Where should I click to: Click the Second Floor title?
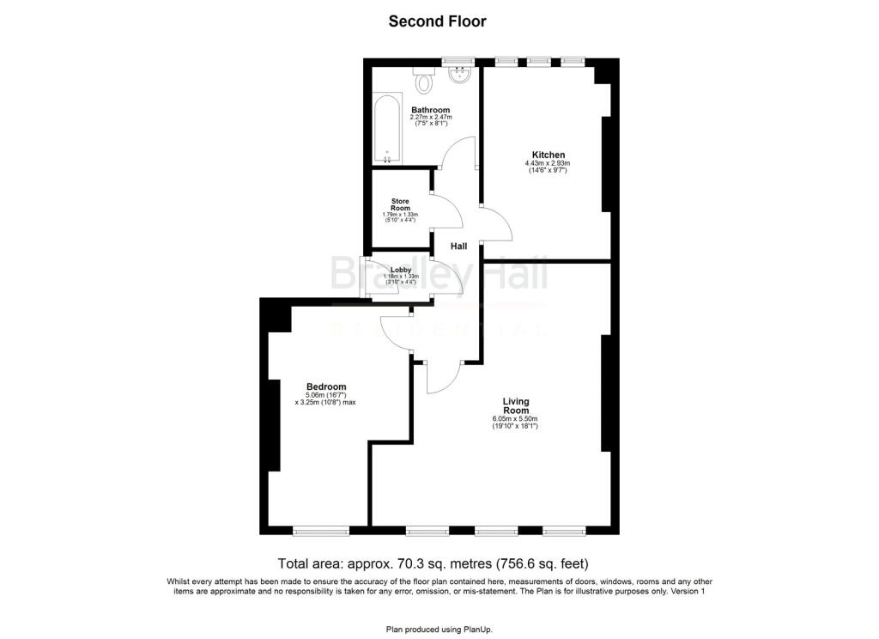[438, 21]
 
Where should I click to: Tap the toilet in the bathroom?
[423, 82]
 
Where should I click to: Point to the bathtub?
[386, 129]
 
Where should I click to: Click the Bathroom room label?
[430, 110]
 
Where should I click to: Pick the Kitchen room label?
[549, 155]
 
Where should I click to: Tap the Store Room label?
[400, 204]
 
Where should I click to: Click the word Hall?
[459, 246]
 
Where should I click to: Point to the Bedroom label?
[326, 386]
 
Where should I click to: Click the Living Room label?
[516, 405]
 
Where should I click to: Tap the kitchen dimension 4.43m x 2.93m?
[549, 164]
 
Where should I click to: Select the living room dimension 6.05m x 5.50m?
[515, 419]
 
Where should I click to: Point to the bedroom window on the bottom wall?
[321, 530]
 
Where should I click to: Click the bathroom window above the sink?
[459, 62]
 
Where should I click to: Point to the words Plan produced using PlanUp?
[439, 630]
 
